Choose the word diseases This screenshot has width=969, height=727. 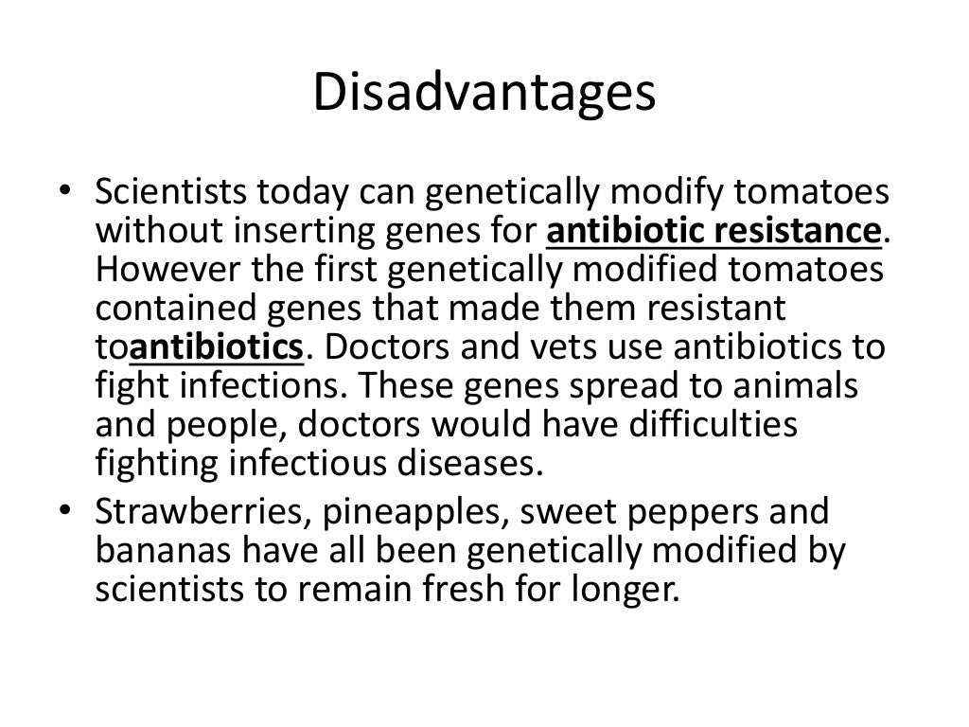click(x=479, y=464)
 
